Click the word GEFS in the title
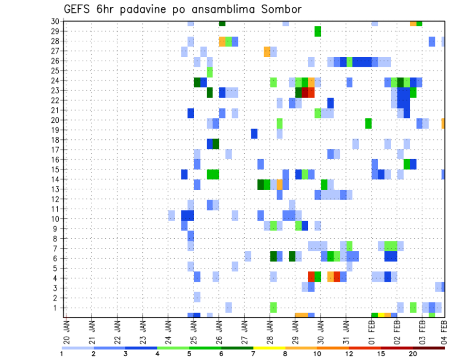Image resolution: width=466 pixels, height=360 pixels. [x=78, y=9]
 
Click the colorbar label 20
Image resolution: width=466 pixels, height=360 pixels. [x=413, y=353]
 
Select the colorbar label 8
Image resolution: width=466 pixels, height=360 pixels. [x=285, y=353]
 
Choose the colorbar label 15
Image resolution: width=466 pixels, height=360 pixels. [x=381, y=353]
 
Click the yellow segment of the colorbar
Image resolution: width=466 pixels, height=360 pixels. [x=269, y=347]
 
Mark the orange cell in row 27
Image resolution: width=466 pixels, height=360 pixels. [x=267, y=51]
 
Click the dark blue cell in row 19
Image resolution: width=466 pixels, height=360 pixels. [x=254, y=133]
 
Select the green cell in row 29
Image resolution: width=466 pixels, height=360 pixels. [x=317, y=32]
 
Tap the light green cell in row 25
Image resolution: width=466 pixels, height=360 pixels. [x=210, y=71]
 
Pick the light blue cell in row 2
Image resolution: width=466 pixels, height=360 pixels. [x=197, y=296]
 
